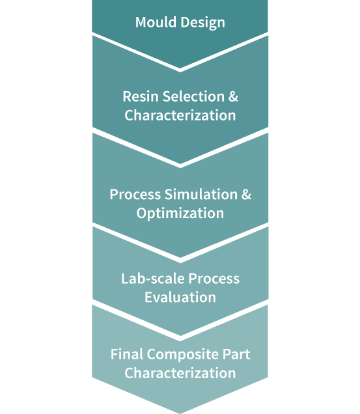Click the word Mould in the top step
pyautogui.click(x=156, y=22)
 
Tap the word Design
pyautogui.click(x=203, y=23)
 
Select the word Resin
pyautogui.click(x=141, y=96)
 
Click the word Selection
pyautogui.click(x=193, y=96)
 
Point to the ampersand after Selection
pyautogui.click(x=233, y=96)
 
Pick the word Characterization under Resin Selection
pyautogui.click(x=180, y=115)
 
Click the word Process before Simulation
pyautogui.click(x=135, y=195)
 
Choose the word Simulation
pyautogui.click(x=201, y=195)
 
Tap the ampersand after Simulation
pyautogui.click(x=246, y=195)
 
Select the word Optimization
pyautogui.click(x=180, y=214)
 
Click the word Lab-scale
pyautogui.click(x=153, y=279)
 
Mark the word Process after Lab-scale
pyautogui.click(x=214, y=279)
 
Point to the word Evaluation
pyautogui.click(x=180, y=297)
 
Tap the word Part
pyautogui.click(x=236, y=354)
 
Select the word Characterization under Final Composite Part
pyautogui.click(x=180, y=373)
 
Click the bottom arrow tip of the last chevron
pyautogui.click(x=180, y=413)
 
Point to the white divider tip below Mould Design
pyautogui.click(x=180, y=70)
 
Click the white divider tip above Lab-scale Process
pyautogui.click(x=180, y=260)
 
